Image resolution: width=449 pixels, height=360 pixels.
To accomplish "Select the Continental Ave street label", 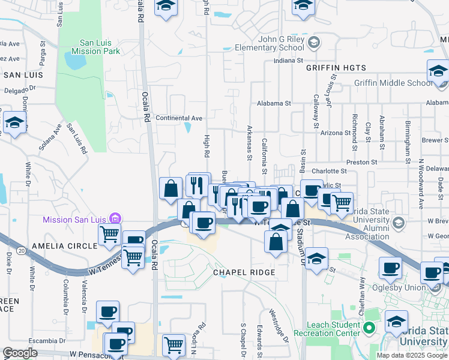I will (x=179, y=118).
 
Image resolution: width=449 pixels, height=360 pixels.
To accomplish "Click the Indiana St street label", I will (x=287, y=61).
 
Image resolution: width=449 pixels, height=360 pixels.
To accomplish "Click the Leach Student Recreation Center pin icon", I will (x=370, y=329).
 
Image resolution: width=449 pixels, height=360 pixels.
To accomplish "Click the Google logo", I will (x=20, y=353).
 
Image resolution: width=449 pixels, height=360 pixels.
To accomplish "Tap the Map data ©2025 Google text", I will (x=411, y=355).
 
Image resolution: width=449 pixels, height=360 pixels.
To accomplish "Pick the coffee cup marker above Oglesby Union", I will (x=391, y=268).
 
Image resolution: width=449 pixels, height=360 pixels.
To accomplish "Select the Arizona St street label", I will (x=335, y=133).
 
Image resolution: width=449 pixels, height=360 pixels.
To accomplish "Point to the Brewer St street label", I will (x=435, y=139).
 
